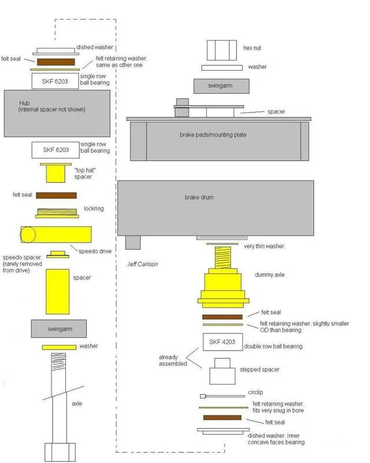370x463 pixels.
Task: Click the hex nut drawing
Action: click(222, 49)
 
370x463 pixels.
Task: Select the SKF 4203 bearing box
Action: click(221, 342)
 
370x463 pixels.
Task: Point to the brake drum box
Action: click(216, 206)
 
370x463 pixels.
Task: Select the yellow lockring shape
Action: click(55, 213)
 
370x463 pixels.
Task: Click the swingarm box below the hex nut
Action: click(221, 86)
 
